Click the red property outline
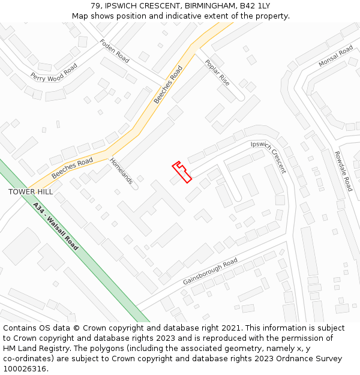[x=182, y=172]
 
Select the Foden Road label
[x=115, y=51]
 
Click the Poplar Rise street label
[x=217, y=72]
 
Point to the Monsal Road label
[x=336, y=55]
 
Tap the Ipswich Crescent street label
[x=269, y=157]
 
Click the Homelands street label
[x=121, y=171]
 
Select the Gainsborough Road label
[x=210, y=272]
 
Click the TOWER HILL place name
[x=31, y=192]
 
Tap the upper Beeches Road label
[x=168, y=85]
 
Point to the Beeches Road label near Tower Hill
[x=72, y=168]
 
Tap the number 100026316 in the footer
[x=24, y=369]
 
